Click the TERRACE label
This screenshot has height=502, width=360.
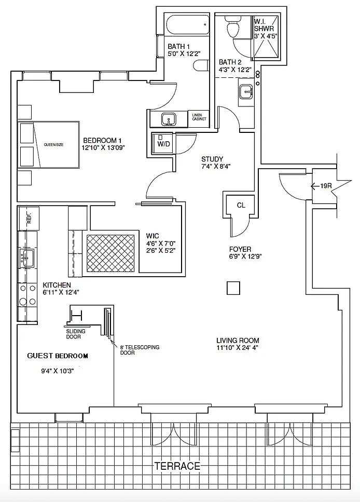pos(177,466)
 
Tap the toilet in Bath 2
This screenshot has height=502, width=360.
pos(232,26)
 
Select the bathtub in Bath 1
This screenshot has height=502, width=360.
pos(187,24)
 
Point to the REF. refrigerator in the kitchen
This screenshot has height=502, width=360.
pos(29,219)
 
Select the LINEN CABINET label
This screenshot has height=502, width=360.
pos(199,117)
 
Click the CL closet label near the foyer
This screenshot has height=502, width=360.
pos(241,205)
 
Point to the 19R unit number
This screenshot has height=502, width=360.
pos(326,185)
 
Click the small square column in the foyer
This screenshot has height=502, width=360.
pos(233,288)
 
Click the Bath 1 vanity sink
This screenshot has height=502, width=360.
pos(168,119)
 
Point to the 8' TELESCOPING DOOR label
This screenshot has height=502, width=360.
pos(140,350)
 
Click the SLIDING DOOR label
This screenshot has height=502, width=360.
pos(76,334)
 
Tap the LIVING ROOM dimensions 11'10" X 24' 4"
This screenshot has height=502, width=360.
pos(237,348)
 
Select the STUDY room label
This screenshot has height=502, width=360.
pos(212,159)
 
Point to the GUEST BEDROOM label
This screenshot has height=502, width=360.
pos(58,356)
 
